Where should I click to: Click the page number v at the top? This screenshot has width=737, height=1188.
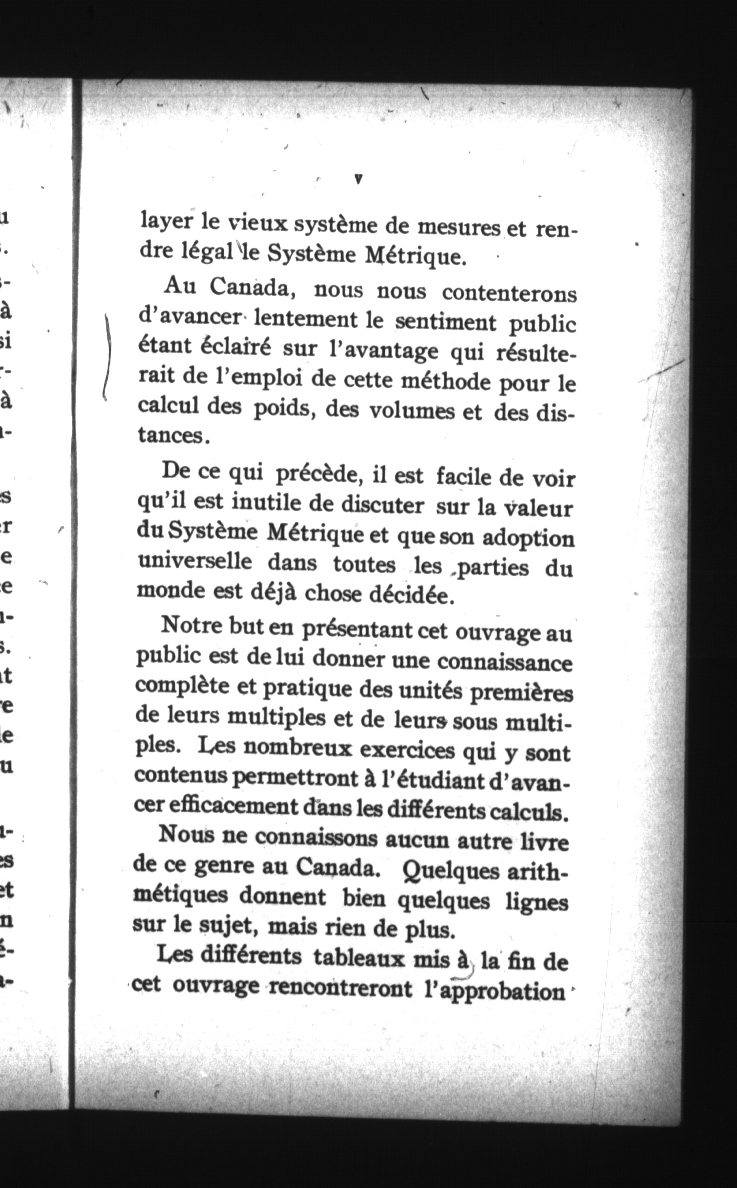358,179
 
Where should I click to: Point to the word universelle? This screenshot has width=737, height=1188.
194,563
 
